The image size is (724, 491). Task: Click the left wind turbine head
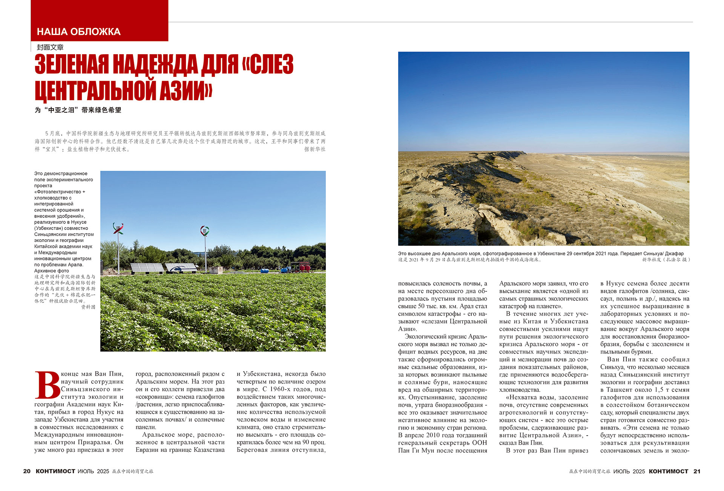(118, 228)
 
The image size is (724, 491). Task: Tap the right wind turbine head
(205, 231)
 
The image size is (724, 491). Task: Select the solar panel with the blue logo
(181, 268)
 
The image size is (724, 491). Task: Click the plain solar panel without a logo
(147, 268)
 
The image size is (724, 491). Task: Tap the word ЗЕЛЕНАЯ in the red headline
(72, 64)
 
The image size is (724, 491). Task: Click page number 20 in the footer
(27, 471)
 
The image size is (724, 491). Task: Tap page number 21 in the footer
(697, 471)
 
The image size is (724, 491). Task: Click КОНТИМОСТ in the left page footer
(55, 471)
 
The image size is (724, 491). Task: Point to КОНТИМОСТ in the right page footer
(669, 471)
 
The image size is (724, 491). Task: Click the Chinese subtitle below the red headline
(78, 110)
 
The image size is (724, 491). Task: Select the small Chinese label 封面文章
(50, 47)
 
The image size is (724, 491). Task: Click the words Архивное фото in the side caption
(52, 271)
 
